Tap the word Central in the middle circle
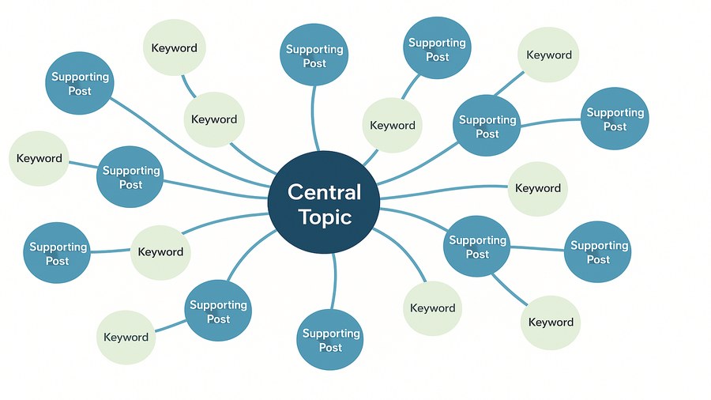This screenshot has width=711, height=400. pos(324,191)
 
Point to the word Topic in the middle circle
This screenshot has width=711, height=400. pos(325,217)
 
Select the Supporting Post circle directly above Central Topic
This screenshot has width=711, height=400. pos(314,55)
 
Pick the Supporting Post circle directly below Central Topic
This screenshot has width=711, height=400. pos(330,340)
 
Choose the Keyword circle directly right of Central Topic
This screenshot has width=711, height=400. pos(537,188)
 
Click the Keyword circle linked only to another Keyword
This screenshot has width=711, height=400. pos(174,47)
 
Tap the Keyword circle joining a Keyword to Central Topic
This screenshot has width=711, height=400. pos(214,119)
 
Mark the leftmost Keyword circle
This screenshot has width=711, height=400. pos(39,158)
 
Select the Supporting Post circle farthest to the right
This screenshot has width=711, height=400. pos(615,119)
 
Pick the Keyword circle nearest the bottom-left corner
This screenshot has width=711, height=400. pos(126,337)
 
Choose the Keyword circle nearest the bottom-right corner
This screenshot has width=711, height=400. pos(551,322)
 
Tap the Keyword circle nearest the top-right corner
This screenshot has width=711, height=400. pos(549,55)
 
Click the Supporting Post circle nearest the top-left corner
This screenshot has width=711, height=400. pos(80,83)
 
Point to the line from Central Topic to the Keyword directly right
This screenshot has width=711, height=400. pos(442,190)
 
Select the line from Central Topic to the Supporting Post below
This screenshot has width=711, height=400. pos(334,277)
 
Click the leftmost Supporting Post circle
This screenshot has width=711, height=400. pos(57,253)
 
